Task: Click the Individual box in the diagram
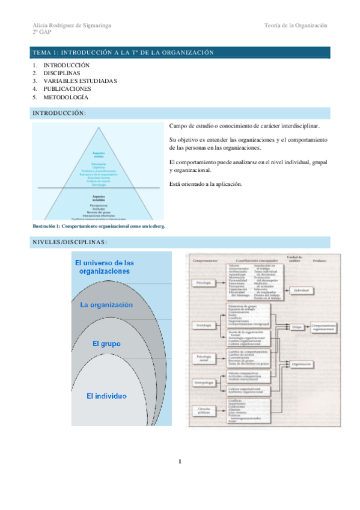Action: click(301, 290)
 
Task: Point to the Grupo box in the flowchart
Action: click(297, 328)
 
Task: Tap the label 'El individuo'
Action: click(106, 396)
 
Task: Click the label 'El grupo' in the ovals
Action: click(106, 344)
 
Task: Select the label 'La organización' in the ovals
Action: click(106, 305)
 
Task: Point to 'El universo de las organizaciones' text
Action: click(105, 267)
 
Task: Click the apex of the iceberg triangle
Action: click(99, 127)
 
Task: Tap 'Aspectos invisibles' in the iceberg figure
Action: click(99, 198)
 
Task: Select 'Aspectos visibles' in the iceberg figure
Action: click(99, 155)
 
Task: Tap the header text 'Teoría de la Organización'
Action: click(295, 25)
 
